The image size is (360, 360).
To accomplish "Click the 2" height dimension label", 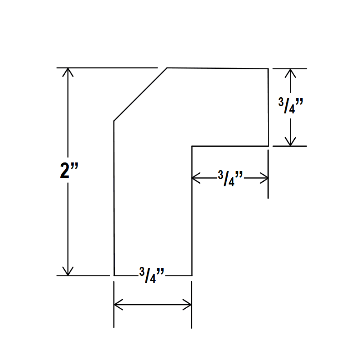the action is tap(69, 170).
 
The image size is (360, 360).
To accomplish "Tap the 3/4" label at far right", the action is tap(291, 106).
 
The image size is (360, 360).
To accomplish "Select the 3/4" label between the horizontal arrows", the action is tap(230, 178).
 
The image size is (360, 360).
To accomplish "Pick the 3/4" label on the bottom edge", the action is tap(152, 275).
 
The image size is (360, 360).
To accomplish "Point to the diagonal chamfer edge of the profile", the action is tap(140, 94).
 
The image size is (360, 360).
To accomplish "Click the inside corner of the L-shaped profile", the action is tap(192, 146).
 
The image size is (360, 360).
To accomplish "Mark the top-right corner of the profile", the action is tap(268, 69).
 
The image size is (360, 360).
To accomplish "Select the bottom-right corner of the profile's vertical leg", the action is tap(192, 275).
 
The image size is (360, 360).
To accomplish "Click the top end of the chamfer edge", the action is tap(167, 68).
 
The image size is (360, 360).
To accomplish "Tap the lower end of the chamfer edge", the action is tap(114, 121).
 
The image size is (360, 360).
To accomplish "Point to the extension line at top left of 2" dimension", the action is tap(107, 68).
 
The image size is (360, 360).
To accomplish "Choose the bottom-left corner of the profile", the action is tap(114, 275).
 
